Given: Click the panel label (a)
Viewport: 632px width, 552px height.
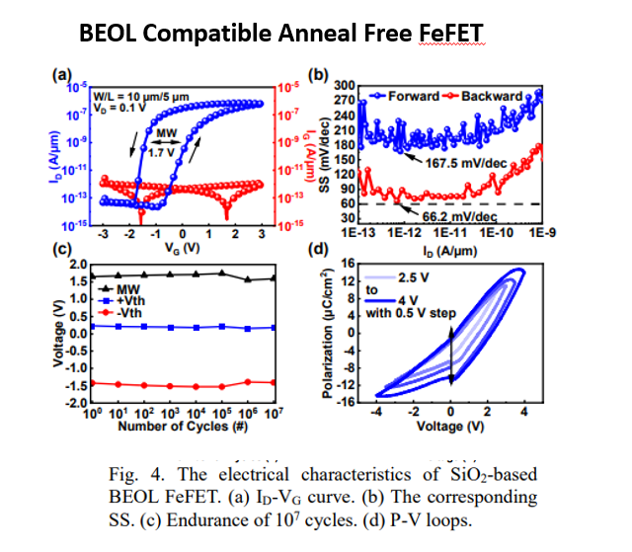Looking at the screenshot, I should [x=62, y=75].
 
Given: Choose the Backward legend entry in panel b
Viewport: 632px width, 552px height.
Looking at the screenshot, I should [x=486, y=96].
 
